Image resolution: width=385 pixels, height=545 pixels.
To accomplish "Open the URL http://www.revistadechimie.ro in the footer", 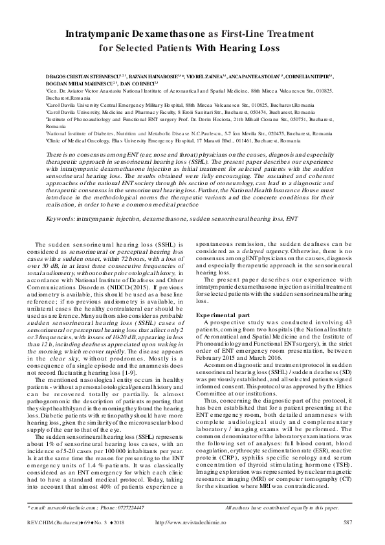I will pos(192,522).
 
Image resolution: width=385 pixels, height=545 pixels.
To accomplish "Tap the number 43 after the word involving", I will pos(346,322).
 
